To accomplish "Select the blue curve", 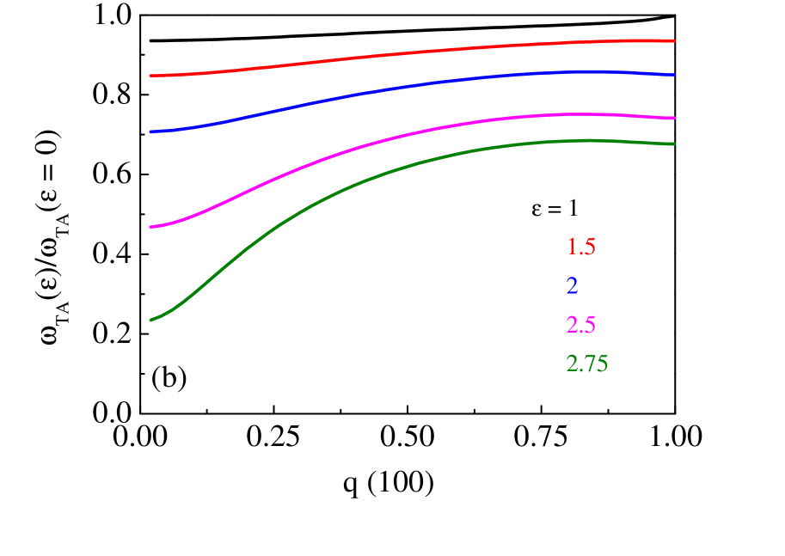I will click(x=413, y=86).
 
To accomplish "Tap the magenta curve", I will click(x=413, y=131).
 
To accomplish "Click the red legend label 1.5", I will click(x=580, y=247).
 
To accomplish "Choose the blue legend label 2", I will click(x=573, y=287).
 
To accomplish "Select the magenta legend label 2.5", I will click(x=580, y=326).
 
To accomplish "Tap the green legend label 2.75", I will click(x=587, y=364).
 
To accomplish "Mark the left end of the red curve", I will click(x=150, y=76).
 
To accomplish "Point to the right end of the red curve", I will click(x=674, y=40).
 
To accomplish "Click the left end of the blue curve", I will click(x=150, y=131).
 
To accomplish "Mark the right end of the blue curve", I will click(x=674, y=75).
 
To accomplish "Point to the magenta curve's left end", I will click(x=150, y=227).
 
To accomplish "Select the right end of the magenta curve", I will click(x=674, y=118).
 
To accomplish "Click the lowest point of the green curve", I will click(x=150, y=321).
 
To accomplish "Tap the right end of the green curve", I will click(x=674, y=144).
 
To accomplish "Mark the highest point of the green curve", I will click(x=590, y=139).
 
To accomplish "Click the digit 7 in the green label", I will click(x=586, y=364).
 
